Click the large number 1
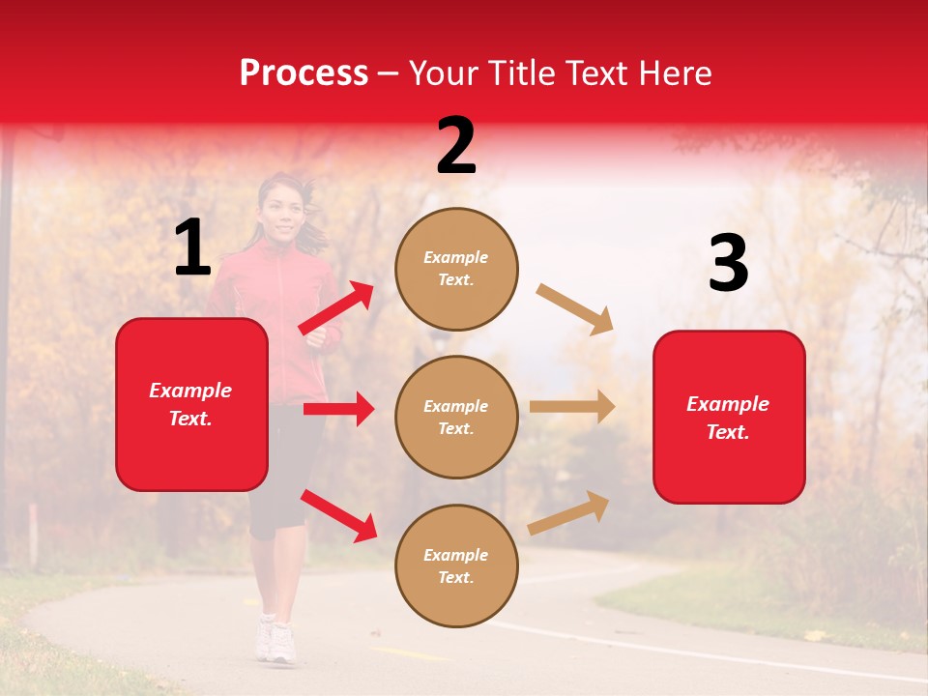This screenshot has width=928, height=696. [x=192, y=248]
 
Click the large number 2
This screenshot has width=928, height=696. [x=456, y=146]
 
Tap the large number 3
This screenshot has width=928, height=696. [x=728, y=264]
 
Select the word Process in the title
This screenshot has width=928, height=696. [x=304, y=72]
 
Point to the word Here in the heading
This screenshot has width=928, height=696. [x=675, y=72]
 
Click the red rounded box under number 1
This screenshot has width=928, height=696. [x=191, y=404]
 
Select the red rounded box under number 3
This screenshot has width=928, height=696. [x=729, y=417]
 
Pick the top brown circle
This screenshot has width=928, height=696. [x=456, y=269]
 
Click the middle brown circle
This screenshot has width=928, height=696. [x=456, y=417]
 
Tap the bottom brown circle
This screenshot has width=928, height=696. [x=456, y=565]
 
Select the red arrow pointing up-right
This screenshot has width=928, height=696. [x=336, y=308]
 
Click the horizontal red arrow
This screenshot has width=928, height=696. [x=338, y=409]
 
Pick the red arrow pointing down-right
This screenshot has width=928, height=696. [x=338, y=515]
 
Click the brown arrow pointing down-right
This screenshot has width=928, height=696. [x=575, y=309]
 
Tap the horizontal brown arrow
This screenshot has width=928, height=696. [x=572, y=407]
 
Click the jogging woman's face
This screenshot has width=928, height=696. [x=279, y=214]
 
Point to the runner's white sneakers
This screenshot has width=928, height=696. [x=275, y=640]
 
